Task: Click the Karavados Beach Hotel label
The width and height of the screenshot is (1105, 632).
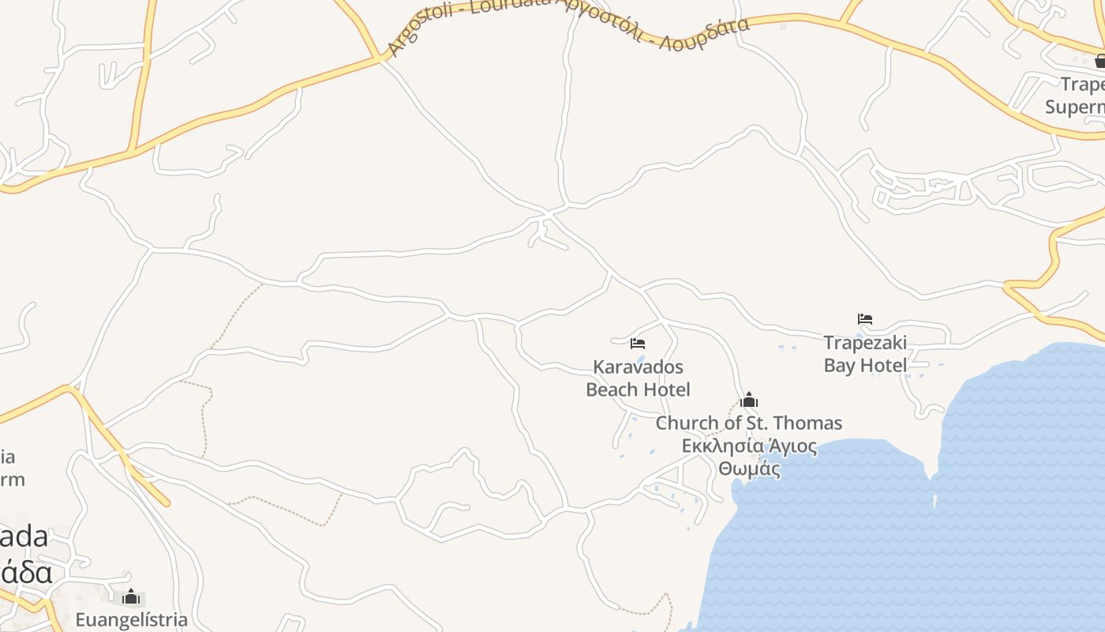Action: (x=638, y=378)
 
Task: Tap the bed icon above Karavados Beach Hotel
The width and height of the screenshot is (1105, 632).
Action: (x=638, y=344)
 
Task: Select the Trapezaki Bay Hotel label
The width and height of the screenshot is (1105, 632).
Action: (x=865, y=354)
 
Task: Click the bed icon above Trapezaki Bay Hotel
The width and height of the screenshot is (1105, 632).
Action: (x=865, y=319)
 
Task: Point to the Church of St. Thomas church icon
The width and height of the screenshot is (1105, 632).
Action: (x=749, y=401)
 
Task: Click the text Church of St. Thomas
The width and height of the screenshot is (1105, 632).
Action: (x=749, y=423)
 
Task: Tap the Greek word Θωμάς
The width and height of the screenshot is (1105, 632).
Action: (x=749, y=469)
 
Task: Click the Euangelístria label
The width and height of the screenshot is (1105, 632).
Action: (x=132, y=620)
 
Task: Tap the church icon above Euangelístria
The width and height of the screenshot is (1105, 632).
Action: (x=131, y=597)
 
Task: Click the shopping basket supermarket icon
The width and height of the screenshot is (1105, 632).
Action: (x=1100, y=61)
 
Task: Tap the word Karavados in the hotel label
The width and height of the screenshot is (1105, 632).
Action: (x=638, y=367)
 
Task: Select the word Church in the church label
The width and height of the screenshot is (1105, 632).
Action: (x=687, y=423)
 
